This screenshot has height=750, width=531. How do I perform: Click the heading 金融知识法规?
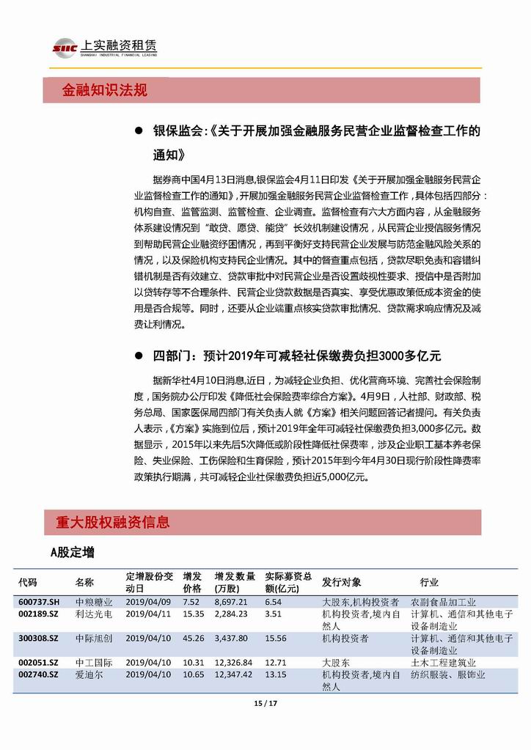click(x=104, y=90)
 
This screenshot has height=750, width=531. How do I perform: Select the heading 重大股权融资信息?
click(x=112, y=522)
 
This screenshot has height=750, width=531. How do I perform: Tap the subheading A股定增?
click(x=72, y=552)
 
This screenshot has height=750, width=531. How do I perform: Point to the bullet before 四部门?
click(x=137, y=356)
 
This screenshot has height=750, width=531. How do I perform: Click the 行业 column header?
click(x=429, y=582)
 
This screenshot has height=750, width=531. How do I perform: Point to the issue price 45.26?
click(x=193, y=639)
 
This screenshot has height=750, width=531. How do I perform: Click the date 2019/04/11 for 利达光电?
click(x=147, y=614)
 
